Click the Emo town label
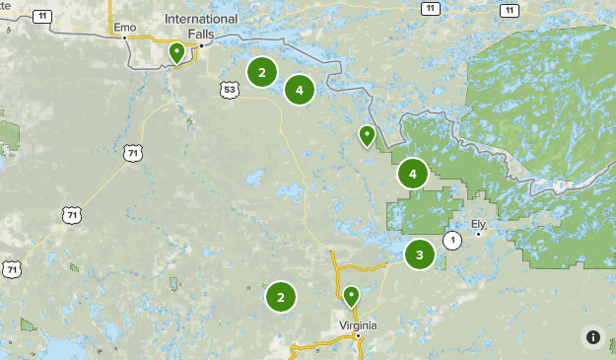click(124, 27)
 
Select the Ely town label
click(479, 224)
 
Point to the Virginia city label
click(359, 324)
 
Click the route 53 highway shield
click(230, 90)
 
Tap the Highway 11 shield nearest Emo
click(42, 17)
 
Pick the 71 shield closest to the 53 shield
click(133, 153)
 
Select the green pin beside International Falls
click(177, 52)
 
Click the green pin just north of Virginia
click(351, 295)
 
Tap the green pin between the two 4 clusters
click(367, 135)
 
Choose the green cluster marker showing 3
click(420, 254)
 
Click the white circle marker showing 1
click(451, 240)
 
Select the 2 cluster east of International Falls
click(261, 72)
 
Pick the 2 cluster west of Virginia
click(280, 296)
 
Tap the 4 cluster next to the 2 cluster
click(299, 90)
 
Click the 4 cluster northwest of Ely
click(412, 175)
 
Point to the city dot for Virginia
click(359, 336)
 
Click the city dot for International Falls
click(201, 44)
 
